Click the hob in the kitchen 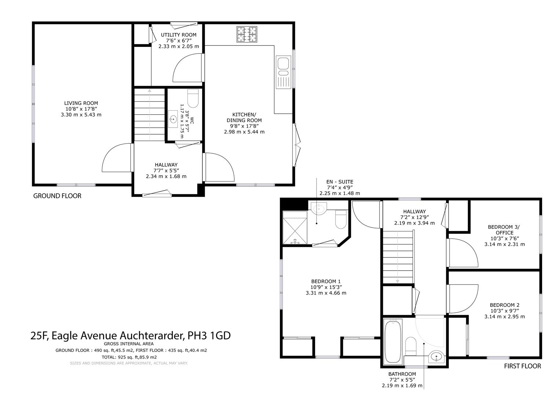tap(247, 34)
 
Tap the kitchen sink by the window tap(283, 72)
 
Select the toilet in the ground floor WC tap(193, 98)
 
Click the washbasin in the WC tap(173, 119)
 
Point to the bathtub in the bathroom tap(393, 342)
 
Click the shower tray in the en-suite tap(295, 227)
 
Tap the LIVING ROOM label tap(81, 103)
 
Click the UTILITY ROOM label tap(179, 35)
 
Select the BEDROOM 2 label tap(505, 305)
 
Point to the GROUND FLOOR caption tap(57, 196)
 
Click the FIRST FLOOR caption tap(523, 366)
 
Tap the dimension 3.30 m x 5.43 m tap(81, 115)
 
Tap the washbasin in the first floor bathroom tap(436, 356)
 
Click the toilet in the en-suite tap(341, 219)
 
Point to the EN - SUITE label tap(340, 182)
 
